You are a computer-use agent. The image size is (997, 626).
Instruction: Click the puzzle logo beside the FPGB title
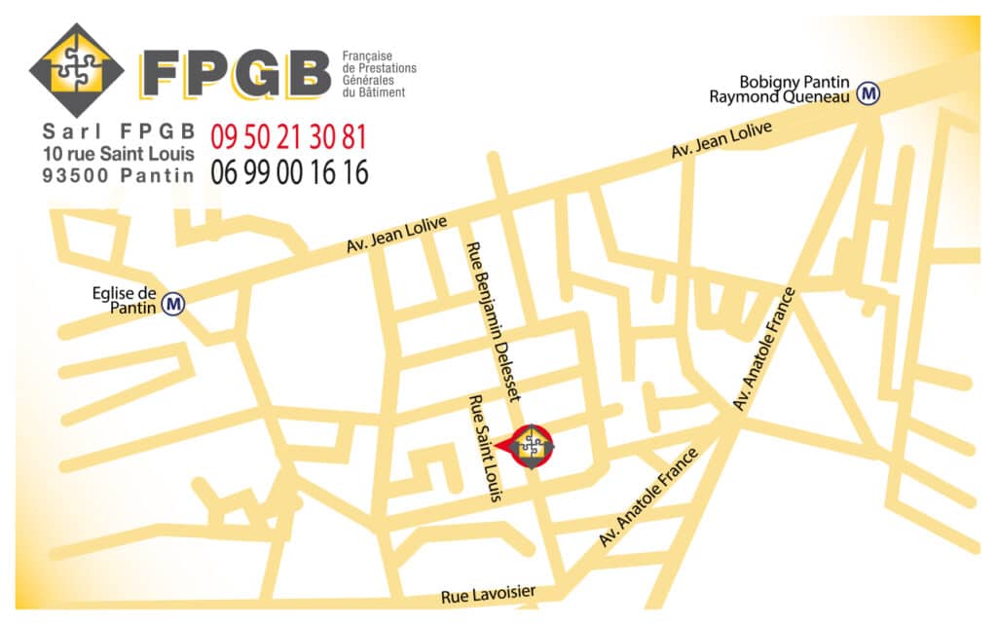(77, 69)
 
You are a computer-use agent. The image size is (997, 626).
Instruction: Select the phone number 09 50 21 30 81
(289, 136)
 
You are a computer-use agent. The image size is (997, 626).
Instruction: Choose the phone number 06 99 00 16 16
(289, 172)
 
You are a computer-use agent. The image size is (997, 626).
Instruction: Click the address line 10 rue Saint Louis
(118, 153)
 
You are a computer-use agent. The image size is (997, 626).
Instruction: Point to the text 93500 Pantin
(118, 175)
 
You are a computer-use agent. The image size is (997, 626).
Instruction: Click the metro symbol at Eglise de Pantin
(174, 304)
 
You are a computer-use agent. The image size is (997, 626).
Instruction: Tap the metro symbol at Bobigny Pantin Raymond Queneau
(868, 93)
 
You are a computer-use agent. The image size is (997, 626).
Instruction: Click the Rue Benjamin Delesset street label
(496, 320)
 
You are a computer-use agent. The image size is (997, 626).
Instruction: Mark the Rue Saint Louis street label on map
(485, 449)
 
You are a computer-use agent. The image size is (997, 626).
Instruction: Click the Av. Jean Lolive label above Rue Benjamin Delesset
(396, 236)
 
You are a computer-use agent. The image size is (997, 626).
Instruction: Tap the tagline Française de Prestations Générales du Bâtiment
(379, 74)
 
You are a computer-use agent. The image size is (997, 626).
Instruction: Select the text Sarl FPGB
(120, 130)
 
